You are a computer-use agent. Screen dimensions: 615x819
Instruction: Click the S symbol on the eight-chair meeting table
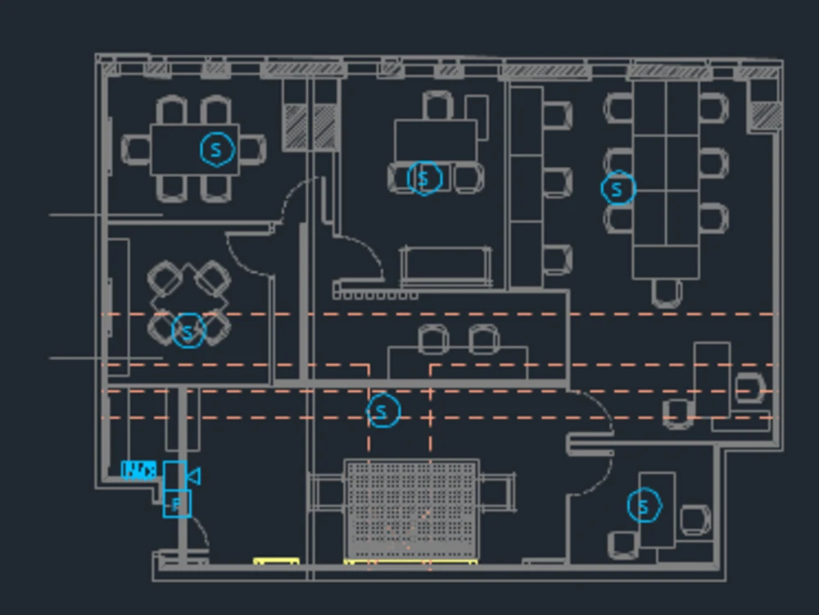click(217, 148)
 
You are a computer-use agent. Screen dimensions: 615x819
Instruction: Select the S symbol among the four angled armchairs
click(188, 331)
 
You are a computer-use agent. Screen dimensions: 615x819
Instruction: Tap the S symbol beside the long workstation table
click(618, 189)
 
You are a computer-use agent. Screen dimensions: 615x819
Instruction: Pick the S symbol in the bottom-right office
click(644, 506)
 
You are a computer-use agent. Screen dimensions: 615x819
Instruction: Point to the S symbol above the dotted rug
click(383, 411)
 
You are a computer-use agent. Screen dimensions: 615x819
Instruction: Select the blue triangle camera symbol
click(193, 476)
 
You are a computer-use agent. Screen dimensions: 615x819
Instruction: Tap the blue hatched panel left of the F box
click(138, 470)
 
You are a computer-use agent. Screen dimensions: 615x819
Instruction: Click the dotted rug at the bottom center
click(411, 509)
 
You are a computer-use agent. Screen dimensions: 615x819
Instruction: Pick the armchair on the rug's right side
click(496, 490)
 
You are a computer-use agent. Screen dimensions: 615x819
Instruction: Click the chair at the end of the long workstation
click(667, 292)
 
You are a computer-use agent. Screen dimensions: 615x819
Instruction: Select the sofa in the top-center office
click(446, 266)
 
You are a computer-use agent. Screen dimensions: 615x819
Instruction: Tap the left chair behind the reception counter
click(433, 338)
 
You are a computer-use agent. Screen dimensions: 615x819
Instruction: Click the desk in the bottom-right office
click(657, 508)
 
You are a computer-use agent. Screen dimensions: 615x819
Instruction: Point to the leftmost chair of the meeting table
click(136, 149)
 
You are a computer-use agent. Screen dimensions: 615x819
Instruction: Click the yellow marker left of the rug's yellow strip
click(276, 562)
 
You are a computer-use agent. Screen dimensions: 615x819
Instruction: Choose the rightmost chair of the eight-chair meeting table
click(253, 148)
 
